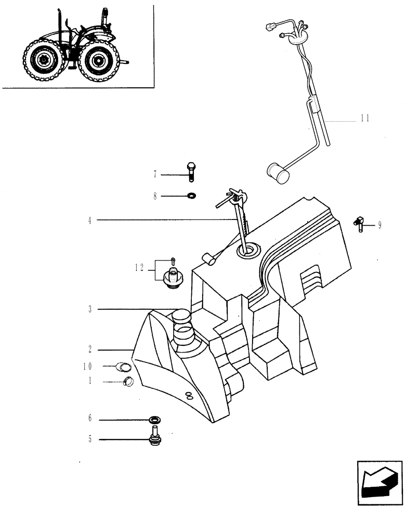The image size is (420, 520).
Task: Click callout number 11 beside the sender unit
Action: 364,119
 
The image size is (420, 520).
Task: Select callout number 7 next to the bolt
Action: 155,175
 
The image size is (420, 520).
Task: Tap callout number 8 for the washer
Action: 155,197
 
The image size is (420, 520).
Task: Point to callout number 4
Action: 90,220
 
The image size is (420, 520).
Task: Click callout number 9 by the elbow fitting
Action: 380,225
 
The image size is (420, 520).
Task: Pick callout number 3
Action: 90,310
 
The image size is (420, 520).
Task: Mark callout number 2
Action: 90,349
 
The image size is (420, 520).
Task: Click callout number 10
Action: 88,366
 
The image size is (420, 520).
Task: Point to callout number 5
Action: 90,440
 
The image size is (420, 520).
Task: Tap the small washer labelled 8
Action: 191,197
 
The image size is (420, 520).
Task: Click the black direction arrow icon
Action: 379,483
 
